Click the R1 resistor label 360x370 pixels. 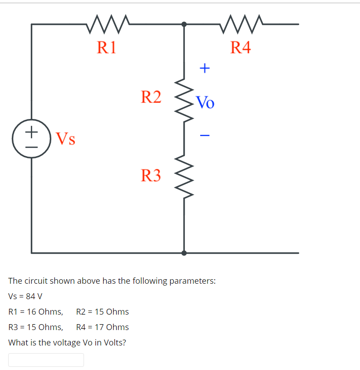pyautogui.click(x=107, y=47)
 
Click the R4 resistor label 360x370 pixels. pyautogui.click(x=240, y=47)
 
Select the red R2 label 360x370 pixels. pyautogui.click(x=151, y=97)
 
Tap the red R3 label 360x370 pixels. pyautogui.click(x=151, y=175)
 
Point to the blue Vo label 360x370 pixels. pyautogui.click(x=205, y=103)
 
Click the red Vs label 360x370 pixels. pyautogui.click(x=65, y=138)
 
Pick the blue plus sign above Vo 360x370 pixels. pyautogui.click(x=205, y=69)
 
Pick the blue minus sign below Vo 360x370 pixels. pyautogui.click(x=205, y=135)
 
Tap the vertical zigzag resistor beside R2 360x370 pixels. pyautogui.click(x=184, y=100)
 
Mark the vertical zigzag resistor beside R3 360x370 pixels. pyautogui.click(x=184, y=176)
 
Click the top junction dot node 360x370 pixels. pyautogui.click(x=184, y=24)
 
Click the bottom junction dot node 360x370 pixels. pyautogui.click(x=184, y=253)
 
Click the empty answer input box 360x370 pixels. pyautogui.click(x=46, y=360)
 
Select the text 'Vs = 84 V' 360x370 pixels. pyautogui.click(x=25, y=296)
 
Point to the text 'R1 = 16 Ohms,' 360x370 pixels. pyautogui.click(x=36, y=312)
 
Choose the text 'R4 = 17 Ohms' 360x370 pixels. pyautogui.click(x=103, y=327)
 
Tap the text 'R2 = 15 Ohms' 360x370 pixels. pyautogui.click(x=103, y=312)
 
